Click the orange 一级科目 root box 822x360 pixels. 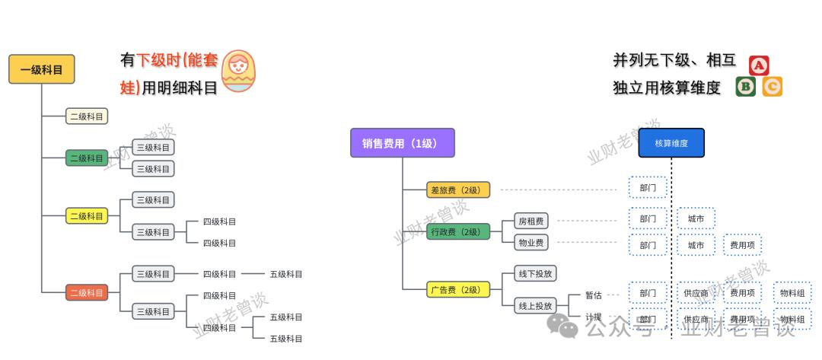(x=35, y=70)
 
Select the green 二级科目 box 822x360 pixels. (x=87, y=158)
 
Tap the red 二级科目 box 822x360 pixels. (x=87, y=292)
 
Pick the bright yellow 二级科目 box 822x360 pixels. (x=87, y=216)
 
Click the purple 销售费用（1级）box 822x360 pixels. (x=402, y=143)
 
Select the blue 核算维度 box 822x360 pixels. (x=671, y=143)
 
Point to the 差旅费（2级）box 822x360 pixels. (x=458, y=190)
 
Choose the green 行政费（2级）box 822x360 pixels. (x=458, y=231)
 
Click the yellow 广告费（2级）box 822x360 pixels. (x=458, y=289)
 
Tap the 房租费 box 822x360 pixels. (x=530, y=221)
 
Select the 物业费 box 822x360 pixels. (x=530, y=243)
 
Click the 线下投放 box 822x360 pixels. (x=535, y=274)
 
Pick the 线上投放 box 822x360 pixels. (x=535, y=306)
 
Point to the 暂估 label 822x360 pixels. (x=594, y=295)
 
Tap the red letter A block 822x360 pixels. (x=759, y=65)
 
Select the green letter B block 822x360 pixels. (x=746, y=87)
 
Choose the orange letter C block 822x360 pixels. (x=773, y=87)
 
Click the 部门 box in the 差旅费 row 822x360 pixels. (x=648, y=187)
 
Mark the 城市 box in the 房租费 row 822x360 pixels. (x=696, y=219)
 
